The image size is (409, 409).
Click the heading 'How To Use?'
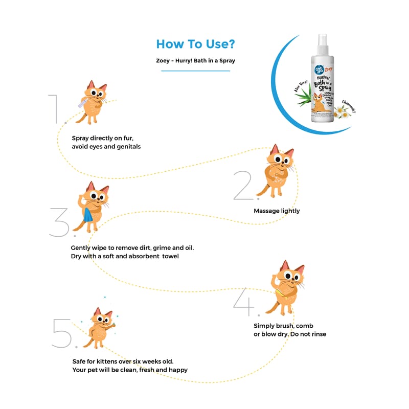[195, 44]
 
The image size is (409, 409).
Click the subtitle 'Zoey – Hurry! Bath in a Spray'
[195, 61]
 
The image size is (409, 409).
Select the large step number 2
[244, 185]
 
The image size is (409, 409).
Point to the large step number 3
[61, 221]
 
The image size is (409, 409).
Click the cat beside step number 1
[92, 102]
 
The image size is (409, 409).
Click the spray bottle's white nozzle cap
[322, 41]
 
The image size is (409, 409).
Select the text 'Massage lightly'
[277, 211]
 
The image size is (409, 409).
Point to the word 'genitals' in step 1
[127, 147]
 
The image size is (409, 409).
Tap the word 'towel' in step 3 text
[170, 256]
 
